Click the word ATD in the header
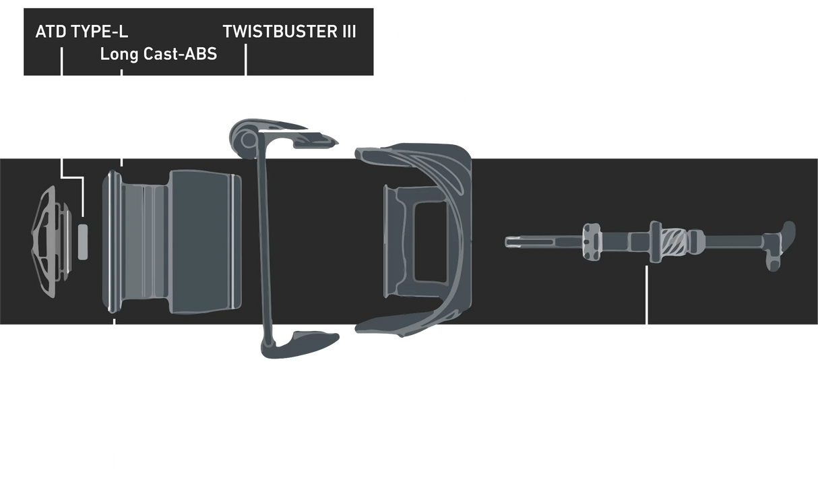pyautogui.click(x=51, y=32)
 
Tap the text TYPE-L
pyautogui.click(x=99, y=32)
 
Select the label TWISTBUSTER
pyautogui.click(x=280, y=32)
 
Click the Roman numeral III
pyautogui.click(x=349, y=32)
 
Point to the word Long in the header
pyautogui.click(x=119, y=55)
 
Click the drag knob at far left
pyautogui.click(x=52, y=241)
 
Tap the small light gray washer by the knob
pyautogui.click(x=83, y=242)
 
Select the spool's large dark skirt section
pyautogui.click(x=205, y=241)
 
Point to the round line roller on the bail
pyautogui.click(x=248, y=140)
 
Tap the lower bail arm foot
pyautogui.click(x=300, y=344)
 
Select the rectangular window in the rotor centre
pyautogui.click(x=430, y=242)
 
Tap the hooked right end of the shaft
pyautogui.click(x=782, y=245)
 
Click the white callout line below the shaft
pyautogui.click(x=647, y=295)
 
